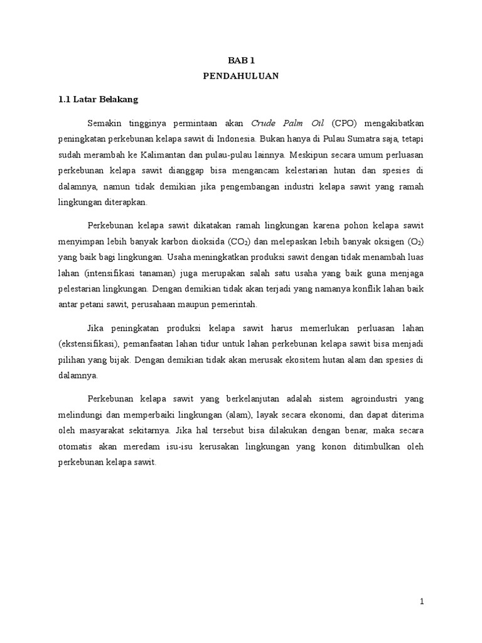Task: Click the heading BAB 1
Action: click(240, 60)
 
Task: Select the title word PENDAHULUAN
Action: click(240, 76)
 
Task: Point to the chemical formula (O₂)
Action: click(417, 240)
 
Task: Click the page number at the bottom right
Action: click(422, 602)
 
